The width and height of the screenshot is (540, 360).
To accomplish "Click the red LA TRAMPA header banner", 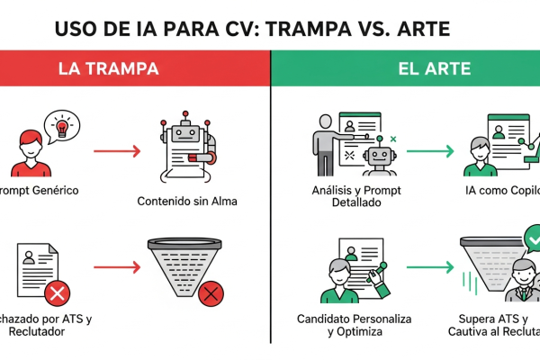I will (x=135, y=68).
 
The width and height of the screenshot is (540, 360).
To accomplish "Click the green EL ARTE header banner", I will (x=405, y=68).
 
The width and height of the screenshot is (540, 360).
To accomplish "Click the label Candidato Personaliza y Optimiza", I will (x=339, y=326).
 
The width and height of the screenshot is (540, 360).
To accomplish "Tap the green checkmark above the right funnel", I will (x=532, y=240).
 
